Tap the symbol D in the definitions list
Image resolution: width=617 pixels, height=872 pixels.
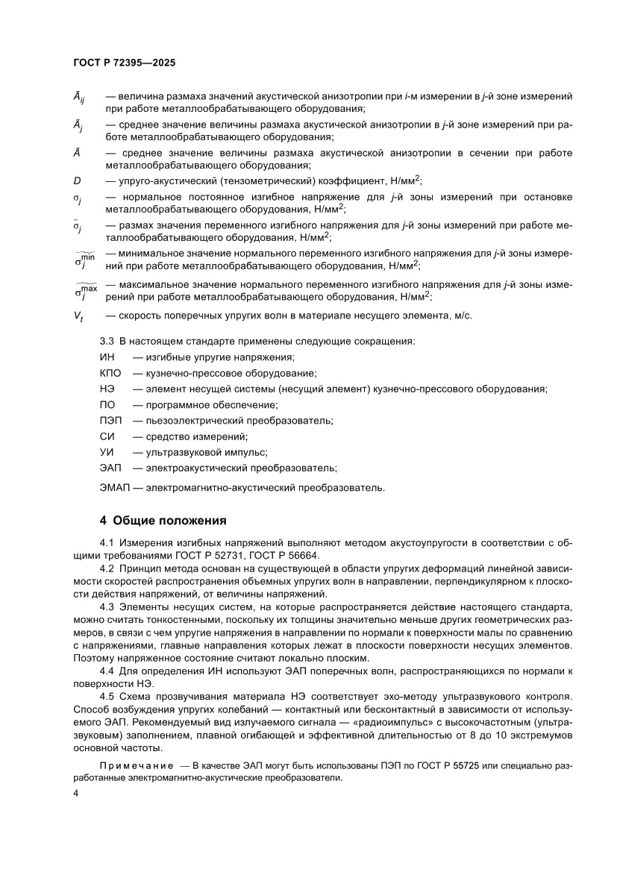tap(76, 180)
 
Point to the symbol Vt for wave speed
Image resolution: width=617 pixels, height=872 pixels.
tap(78, 316)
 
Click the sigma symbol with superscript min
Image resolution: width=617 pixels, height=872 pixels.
tap(85, 260)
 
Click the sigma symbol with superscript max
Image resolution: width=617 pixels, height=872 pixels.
tap(86, 289)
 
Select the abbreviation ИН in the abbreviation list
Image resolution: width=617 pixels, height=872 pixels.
tap(107, 357)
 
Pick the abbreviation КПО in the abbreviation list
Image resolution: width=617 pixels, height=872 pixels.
tap(111, 373)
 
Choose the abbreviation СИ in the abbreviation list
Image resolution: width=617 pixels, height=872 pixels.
tap(107, 436)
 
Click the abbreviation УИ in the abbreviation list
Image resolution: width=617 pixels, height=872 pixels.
tap(107, 452)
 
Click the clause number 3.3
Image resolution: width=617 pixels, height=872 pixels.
tap(108, 341)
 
